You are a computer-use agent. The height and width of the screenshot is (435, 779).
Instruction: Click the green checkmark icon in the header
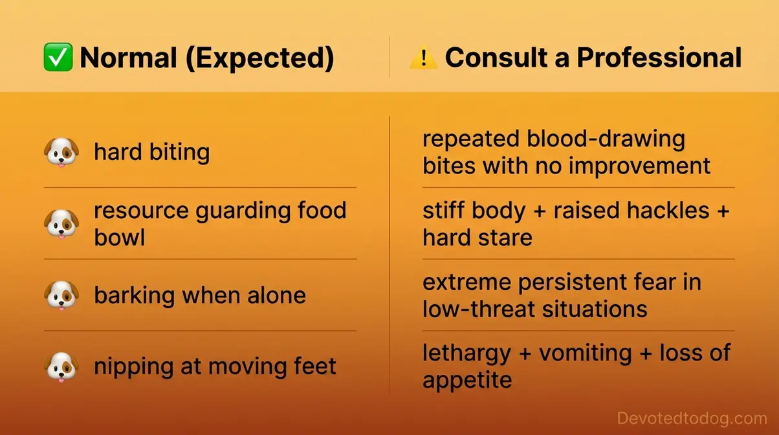tap(58, 58)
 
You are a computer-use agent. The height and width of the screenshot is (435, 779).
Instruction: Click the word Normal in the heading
tap(128, 58)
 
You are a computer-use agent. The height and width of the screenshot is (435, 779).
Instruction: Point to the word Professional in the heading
tap(659, 58)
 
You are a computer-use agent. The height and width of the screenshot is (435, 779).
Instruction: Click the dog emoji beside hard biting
tap(61, 153)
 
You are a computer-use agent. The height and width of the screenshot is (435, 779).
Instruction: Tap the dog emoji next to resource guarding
tap(61, 224)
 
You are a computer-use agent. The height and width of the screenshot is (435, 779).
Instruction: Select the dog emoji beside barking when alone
tap(61, 295)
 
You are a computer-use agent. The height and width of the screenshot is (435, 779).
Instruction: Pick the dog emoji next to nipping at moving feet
tap(61, 367)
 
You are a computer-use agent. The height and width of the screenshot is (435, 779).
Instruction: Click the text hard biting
tap(152, 153)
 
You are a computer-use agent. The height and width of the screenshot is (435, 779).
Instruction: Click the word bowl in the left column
tap(120, 238)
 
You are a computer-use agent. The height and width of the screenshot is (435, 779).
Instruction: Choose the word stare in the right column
tap(503, 238)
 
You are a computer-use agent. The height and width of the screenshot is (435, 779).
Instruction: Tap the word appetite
tap(467, 380)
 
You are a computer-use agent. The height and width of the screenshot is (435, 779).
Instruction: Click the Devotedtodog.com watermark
tap(692, 418)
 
